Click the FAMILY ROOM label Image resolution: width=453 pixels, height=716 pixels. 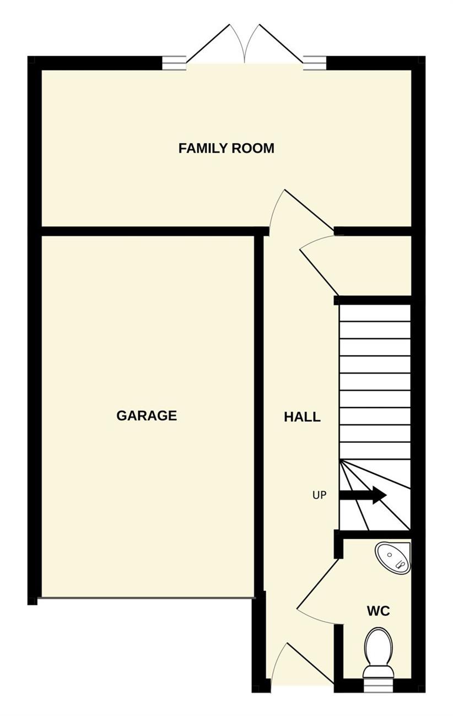226,148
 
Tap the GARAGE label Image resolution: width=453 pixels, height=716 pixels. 147,415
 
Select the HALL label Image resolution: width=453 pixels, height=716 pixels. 303,417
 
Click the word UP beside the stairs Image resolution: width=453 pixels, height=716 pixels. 319,496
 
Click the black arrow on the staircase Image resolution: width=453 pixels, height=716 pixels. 363,496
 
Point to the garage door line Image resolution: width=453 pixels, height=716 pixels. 147,598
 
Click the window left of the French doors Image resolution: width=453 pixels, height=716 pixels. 174,63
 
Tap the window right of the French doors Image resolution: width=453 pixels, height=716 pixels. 315,63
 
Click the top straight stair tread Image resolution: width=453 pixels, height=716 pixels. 375,313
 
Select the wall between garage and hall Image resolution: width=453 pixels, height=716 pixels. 259,415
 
